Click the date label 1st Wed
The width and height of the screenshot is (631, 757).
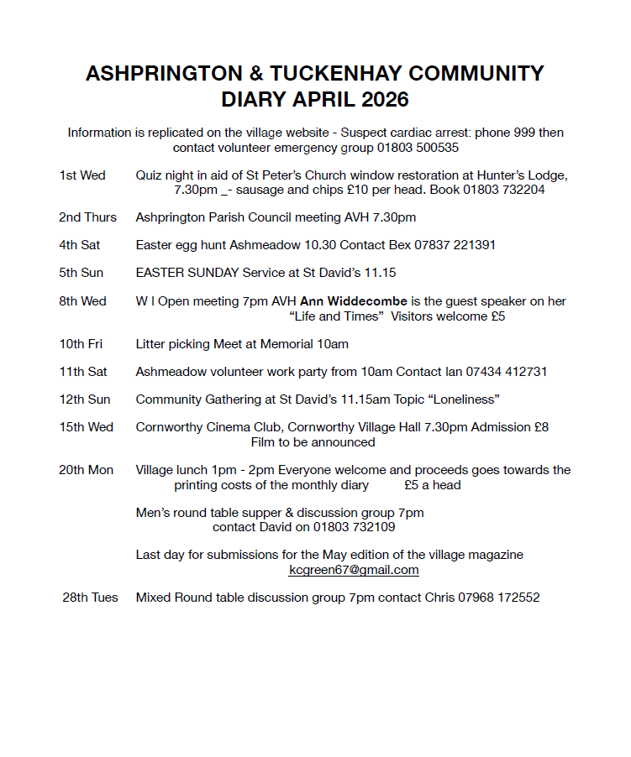tap(82, 175)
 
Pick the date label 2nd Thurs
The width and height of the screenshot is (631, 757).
tap(88, 217)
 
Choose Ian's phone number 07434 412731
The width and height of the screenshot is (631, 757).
tap(508, 371)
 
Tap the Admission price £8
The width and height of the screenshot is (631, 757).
tap(540, 427)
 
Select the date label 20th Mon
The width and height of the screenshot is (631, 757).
tap(86, 470)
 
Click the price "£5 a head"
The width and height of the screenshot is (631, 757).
tap(432, 485)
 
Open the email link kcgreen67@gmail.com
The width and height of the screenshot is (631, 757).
tap(354, 570)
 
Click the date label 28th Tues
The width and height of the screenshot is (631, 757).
tap(90, 598)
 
